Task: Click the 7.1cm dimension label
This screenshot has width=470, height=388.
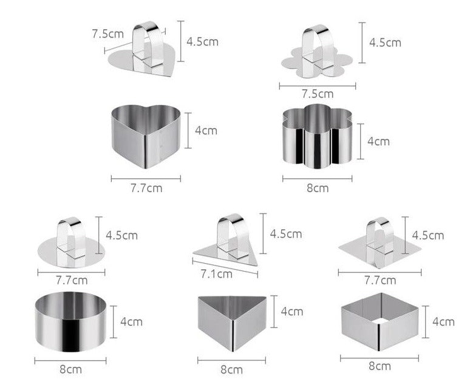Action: point(216,273)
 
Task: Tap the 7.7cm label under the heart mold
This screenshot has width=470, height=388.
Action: point(146,187)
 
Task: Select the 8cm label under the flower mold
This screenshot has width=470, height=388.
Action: point(317,188)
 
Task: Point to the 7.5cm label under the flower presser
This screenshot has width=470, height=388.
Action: point(317,93)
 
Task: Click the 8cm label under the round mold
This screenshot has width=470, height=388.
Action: point(70,369)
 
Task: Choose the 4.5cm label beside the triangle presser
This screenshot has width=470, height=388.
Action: point(286,233)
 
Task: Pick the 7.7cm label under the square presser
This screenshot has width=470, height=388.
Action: point(380,280)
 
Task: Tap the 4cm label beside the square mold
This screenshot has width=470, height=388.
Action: point(443,321)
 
